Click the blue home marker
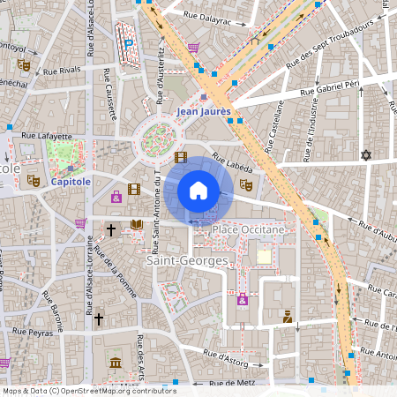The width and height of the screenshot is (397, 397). (x=198, y=190)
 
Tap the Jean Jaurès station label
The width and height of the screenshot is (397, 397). (x=204, y=111)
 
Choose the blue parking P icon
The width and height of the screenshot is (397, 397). (x=130, y=42)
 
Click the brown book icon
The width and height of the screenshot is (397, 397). (x=136, y=225)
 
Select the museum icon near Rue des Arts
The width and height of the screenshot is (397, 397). (x=116, y=362)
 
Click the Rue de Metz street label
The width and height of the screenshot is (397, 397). (x=232, y=382)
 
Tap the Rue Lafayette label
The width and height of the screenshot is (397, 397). (x=46, y=136)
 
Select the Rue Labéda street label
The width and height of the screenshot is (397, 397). (x=232, y=161)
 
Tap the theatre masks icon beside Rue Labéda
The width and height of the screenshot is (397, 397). (x=246, y=185)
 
